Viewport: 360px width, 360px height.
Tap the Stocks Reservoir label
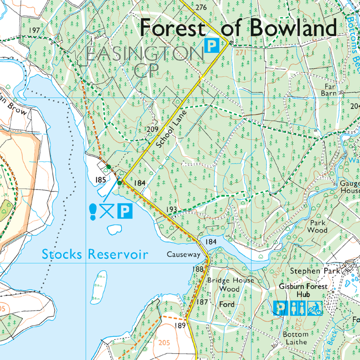tap(95, 254)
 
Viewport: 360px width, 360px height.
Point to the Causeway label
tap(183, 255)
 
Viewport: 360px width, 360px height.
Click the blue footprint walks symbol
tap(93, 210)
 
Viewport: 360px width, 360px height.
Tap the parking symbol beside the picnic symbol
tap(125, 211)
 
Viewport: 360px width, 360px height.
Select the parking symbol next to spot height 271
tap(211, 45)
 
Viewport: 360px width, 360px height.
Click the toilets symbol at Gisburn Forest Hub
tap(298, 308)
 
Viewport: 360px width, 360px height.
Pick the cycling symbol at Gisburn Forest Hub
tap(315, 308)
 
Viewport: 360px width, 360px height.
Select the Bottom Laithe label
tap(296, 338)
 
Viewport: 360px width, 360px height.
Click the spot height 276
tap(201, 7)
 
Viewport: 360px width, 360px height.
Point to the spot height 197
tap(34, 31)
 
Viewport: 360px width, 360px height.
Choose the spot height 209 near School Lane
tap(153, 129)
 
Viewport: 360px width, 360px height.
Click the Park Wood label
tap(317, 226)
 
